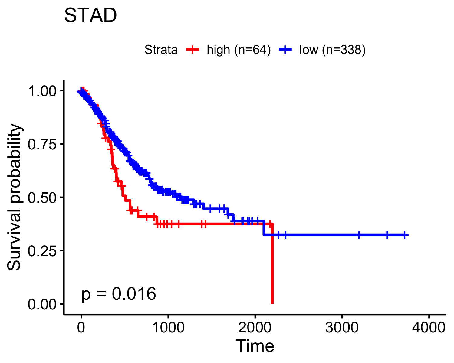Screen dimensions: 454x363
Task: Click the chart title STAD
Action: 90,15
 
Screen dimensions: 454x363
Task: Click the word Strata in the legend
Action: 161,50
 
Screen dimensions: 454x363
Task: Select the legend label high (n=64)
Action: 239,50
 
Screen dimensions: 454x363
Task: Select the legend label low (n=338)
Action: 332,50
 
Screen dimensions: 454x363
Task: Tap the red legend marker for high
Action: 192,50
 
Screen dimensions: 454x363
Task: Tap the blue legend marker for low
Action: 285,50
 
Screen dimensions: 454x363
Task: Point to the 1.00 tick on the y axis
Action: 42,91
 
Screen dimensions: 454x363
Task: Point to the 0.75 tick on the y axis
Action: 42,145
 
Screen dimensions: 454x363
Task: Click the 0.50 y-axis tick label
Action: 42,198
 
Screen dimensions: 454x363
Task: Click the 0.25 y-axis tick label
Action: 42,251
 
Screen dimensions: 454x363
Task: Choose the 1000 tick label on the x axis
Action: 168,328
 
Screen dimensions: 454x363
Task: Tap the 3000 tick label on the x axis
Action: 342,328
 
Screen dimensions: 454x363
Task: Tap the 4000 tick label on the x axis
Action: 429,328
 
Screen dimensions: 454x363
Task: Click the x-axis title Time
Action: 255,346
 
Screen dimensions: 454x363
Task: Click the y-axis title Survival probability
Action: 14,197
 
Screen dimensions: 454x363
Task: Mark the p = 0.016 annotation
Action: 119,294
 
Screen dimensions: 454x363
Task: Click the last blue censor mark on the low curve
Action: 404,235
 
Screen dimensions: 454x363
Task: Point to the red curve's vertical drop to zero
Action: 272,264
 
